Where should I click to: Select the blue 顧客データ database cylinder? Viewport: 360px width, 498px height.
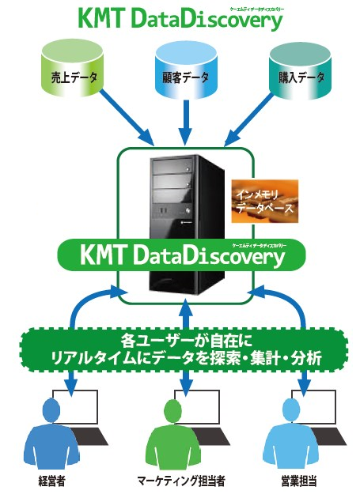coord(184,76)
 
